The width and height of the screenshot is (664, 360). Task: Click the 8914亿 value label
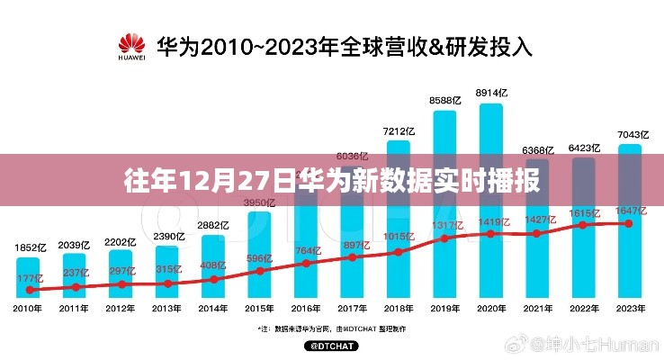490,93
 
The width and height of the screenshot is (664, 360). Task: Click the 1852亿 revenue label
29,247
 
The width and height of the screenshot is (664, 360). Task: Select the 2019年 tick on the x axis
444,309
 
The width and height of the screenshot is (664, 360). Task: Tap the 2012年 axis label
121,309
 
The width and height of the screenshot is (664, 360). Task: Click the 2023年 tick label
629,309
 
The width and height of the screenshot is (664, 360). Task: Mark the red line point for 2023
629,223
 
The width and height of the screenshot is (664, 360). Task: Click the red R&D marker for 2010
29,290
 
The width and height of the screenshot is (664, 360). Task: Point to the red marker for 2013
167,283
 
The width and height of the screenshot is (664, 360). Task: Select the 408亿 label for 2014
212,265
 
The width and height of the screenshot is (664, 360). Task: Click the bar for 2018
398,216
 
